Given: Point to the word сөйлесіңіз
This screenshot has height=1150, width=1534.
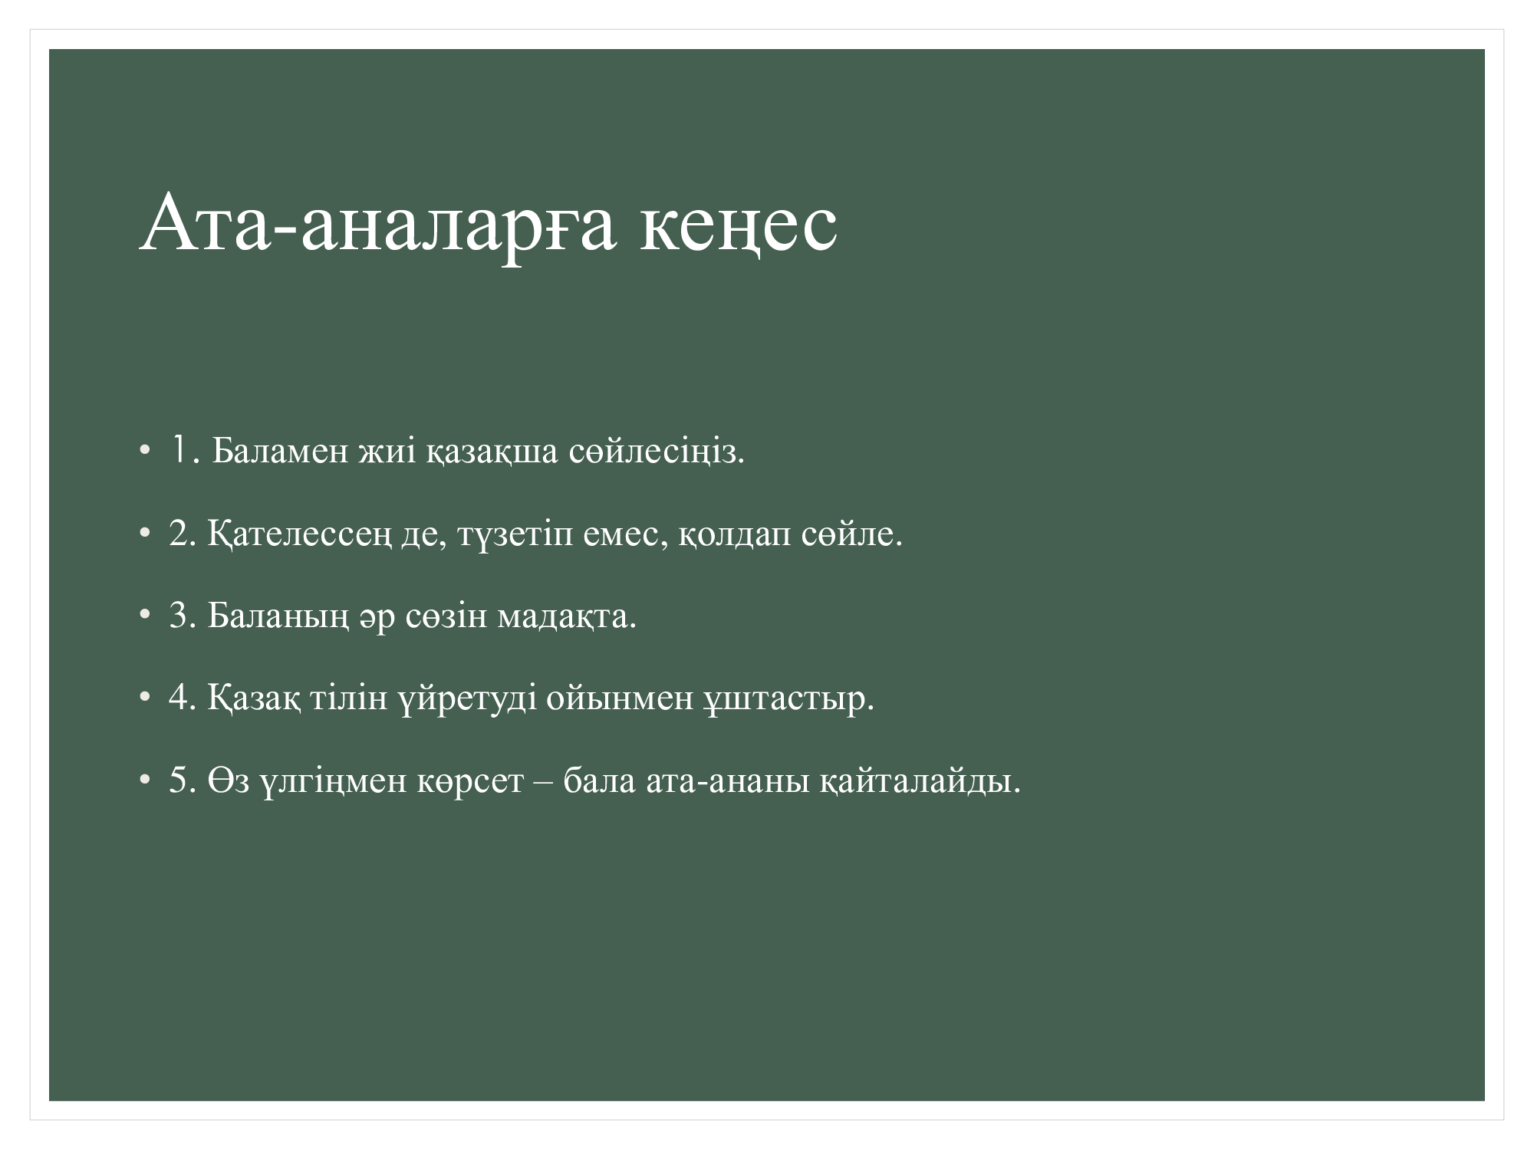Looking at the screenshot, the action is pyautogui.click(x=657, y=452).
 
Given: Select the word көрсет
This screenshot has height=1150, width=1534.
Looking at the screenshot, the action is pyautogui.click(x=470, y=783).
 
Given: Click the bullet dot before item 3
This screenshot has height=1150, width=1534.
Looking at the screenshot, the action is pyautogui.click(x=144, y=616).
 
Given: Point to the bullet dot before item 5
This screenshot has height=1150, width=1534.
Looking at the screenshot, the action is pyautogui.click(x=144, y=781).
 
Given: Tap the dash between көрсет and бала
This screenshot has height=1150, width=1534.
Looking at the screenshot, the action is pyautogui.click(x=543, y=784).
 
